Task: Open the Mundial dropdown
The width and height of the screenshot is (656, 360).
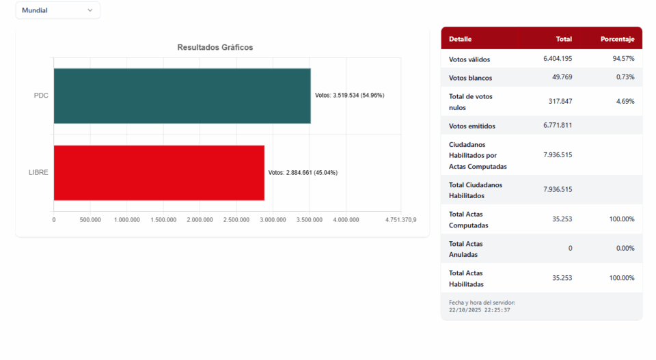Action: (x=57, y=10)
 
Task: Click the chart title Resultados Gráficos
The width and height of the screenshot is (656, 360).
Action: (x=215, y=47)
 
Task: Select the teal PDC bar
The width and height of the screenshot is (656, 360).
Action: (x=182, y=96)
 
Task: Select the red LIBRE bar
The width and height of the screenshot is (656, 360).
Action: (x=159, y=172)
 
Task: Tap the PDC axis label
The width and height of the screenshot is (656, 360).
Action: (x=41, y=96)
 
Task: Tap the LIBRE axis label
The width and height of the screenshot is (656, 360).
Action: (x=38, y=172)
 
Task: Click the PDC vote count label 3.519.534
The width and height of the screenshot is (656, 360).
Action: (x=349, y=96)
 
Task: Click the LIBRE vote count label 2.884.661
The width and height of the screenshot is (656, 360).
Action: (x=303, y=173)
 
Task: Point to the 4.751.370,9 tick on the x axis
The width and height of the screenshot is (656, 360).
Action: (x=400, y=220)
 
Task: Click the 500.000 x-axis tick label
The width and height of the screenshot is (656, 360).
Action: (x=90, y=220)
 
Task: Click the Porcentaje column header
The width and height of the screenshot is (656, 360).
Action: (x=617, y=39)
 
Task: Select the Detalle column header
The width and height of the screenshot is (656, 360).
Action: (x=460, y=39)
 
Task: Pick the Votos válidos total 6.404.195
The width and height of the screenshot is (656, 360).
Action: (x=558, y=59)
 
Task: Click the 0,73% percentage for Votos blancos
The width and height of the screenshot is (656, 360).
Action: (x=625, y=77)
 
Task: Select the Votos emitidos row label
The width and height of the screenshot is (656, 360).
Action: (x=471, y=126)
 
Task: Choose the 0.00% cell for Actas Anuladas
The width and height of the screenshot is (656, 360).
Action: (x=625, y=248)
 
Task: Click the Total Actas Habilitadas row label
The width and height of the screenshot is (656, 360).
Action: (x=466, y=278)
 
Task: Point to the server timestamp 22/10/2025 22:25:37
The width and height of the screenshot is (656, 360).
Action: (x=480, y=310)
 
